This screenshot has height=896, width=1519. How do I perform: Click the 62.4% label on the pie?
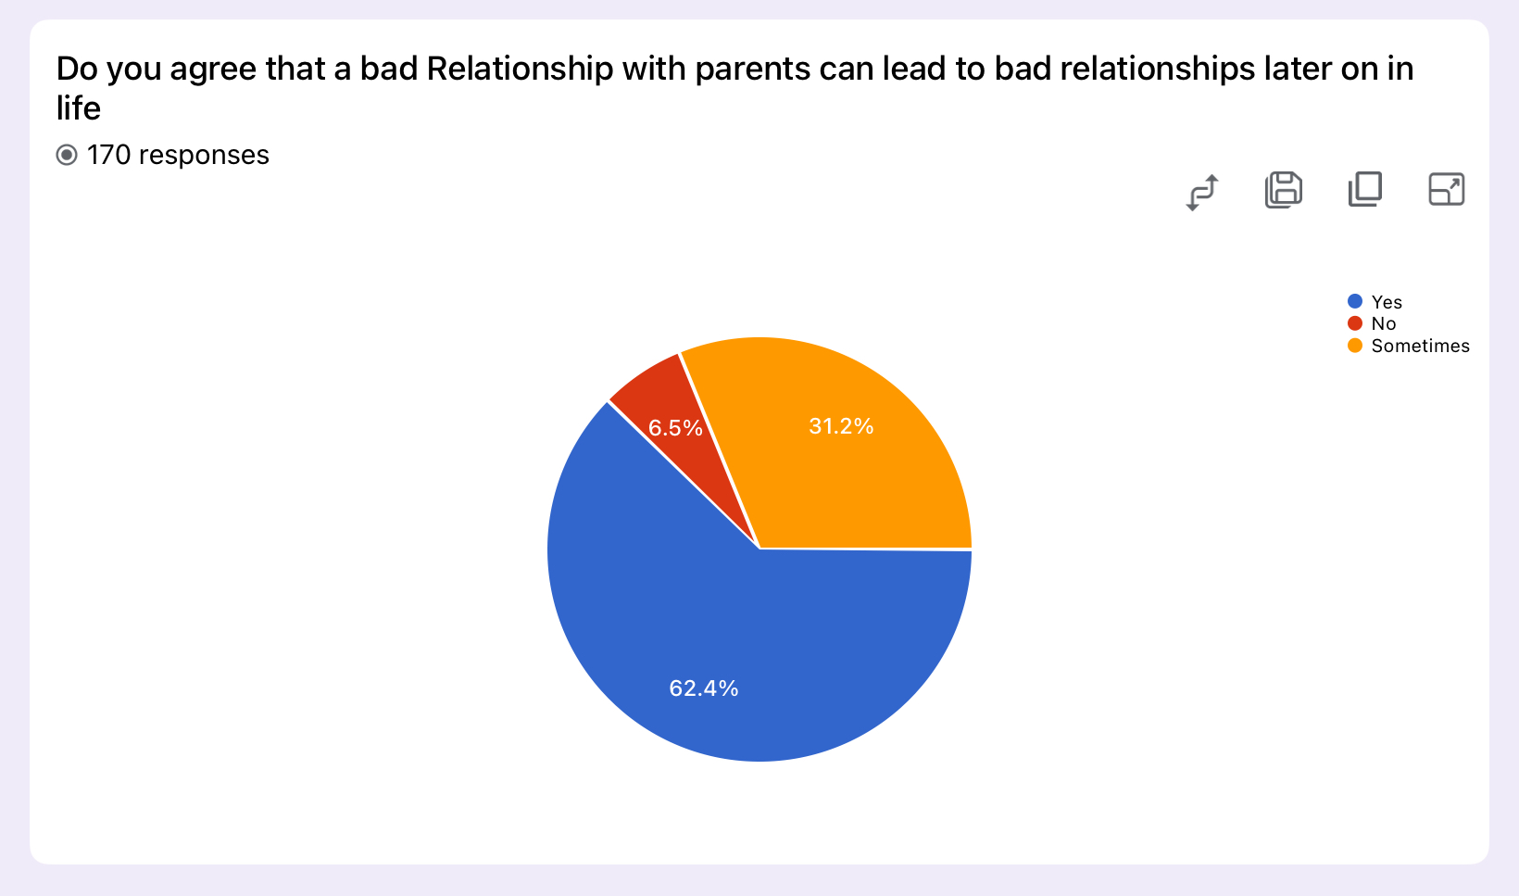pyautogui.click(x=703, y=688)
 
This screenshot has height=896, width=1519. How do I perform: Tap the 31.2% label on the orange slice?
pyautogui.click(x=841, y=426)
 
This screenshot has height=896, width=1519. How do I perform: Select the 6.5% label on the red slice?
pyautogui.click(x=674, y=427)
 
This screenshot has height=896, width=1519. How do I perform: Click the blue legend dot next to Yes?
pyautogui.click(x=1355, y=301)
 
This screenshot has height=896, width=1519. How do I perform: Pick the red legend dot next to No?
pyautogui.click(x=1355, y=323)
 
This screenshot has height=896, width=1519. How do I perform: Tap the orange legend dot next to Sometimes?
pyautogui.click(x=1355, y=346)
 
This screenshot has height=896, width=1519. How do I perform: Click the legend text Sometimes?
pyautogui.click(x=1420, y=346)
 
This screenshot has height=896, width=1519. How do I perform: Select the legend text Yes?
pyautogui.click(x=1387, y=302)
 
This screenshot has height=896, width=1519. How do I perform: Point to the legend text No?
pyautogui.click(x=1384, y=323)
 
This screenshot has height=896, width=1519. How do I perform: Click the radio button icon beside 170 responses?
pyautogui.click(x=67, y=156)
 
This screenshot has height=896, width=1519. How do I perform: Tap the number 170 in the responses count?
pyautogui.click(x=108, y=156)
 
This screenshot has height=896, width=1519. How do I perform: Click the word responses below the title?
pyautogui.click(x=204, y=156)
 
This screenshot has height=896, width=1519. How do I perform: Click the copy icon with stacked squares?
pyautogui.click(x=1365, y=189)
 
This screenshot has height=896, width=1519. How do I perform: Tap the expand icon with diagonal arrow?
pyautogui.click(x=1447, y=189)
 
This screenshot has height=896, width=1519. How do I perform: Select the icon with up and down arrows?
pyautogui.click(x=1202, y=193)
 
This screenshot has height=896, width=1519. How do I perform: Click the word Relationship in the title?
pyautogui.click(x=520, y=69)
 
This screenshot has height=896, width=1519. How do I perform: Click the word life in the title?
pyautogui.click(x=79, y=107)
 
